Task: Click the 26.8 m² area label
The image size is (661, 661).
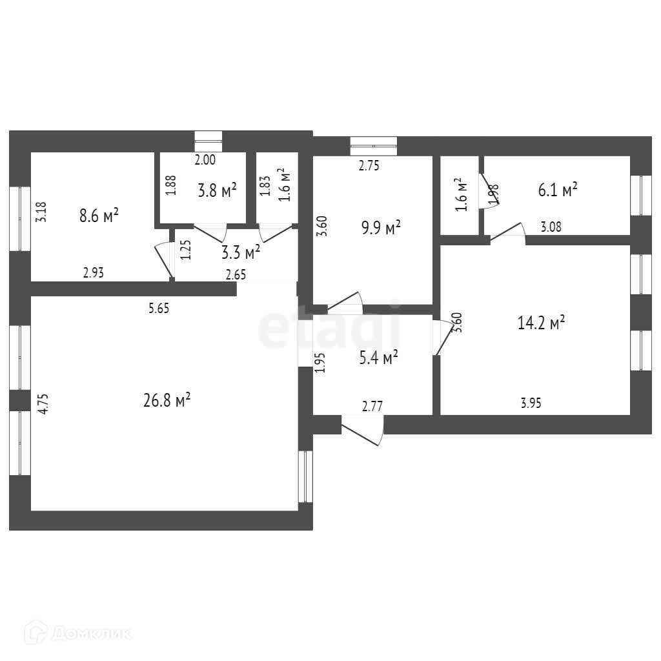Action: tap(167, 400)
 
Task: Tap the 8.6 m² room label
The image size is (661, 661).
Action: tap(99, 216)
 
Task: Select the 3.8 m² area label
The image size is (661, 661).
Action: tap(217, 190)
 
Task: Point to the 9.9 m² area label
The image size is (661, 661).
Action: tap(381, 228)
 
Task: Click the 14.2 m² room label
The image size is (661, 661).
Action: tap(541, 323)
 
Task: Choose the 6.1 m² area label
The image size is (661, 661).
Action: tap(557, 190)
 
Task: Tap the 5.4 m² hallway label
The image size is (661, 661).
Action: tap(378, 358)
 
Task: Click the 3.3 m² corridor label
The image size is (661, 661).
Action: tap(241, 252)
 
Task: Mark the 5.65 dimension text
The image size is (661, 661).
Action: tap(159, 308)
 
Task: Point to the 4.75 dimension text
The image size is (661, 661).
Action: tap(43, 404)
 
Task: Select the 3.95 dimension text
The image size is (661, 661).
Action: tap(531, 403)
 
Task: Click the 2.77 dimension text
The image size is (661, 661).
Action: tap(372, 406)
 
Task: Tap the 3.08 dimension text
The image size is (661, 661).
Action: tap(551, 227)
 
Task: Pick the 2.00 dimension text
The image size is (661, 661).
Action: tap(205, 160)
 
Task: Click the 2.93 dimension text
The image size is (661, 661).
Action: tap(93, 273)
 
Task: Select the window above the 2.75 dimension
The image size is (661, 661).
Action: tap(374, 146)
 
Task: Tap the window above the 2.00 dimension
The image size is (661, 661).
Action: tap(208, 141)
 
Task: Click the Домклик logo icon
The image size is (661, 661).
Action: tap(36, 633)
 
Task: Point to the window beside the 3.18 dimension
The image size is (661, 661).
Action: tap(20, 218)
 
